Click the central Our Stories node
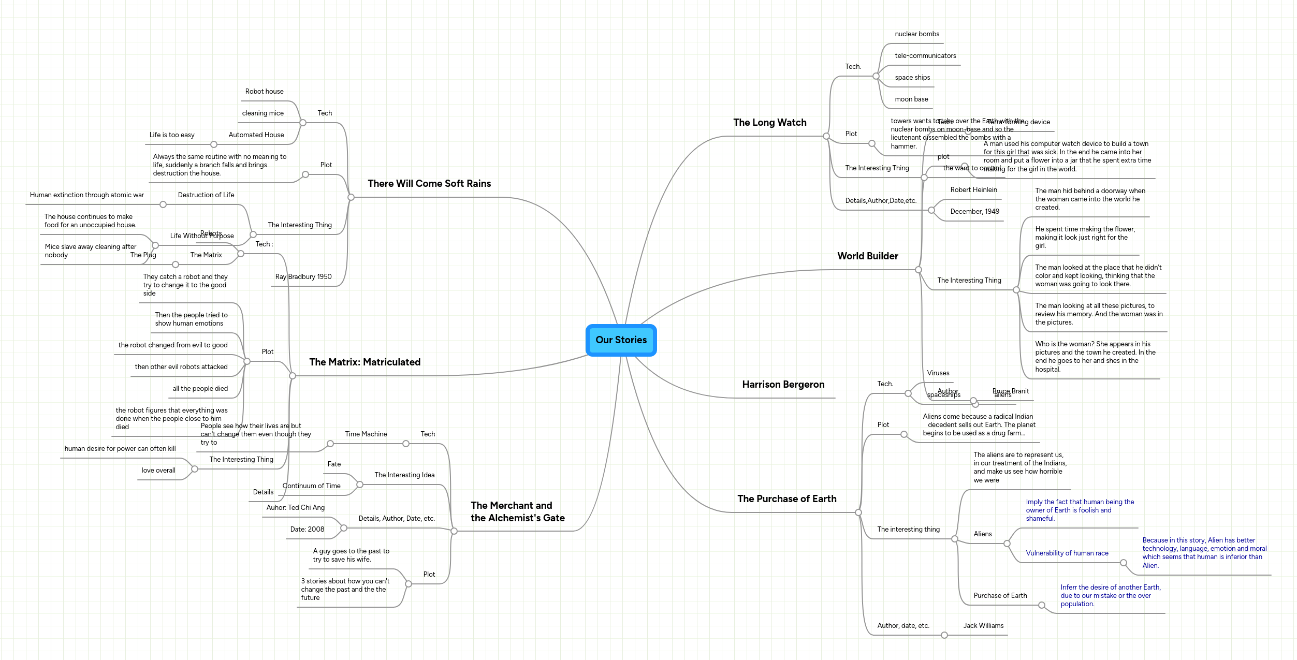621,340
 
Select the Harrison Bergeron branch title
783,385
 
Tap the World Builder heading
867,256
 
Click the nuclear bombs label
916,34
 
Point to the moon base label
911,99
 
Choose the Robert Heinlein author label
973,190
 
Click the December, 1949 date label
974,212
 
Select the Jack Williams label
983,626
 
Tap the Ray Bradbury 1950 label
303,277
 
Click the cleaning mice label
263,113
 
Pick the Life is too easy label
172,135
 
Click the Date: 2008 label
307,530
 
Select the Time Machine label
366,434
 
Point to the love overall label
158,471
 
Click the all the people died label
200,389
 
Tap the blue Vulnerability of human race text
1067,553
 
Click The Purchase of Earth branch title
786,499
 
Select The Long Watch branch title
769,123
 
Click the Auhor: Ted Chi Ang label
295,508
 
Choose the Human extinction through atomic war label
86,195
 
